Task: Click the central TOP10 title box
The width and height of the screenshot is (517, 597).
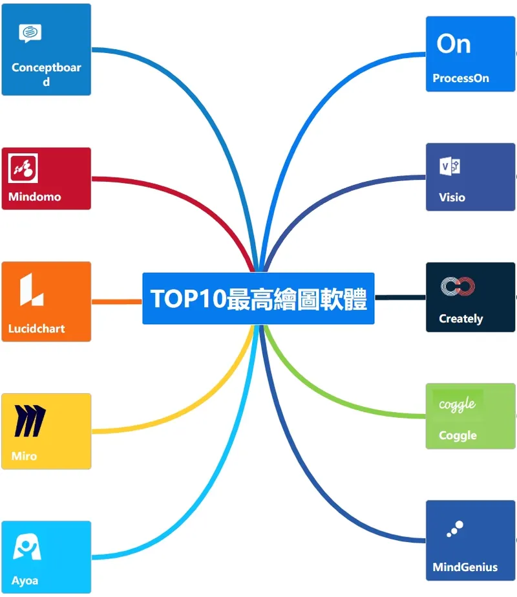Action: click(258, 299)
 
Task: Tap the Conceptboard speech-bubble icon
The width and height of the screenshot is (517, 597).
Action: click(30, 33)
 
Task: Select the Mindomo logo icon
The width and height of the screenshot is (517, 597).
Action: click(23, 168)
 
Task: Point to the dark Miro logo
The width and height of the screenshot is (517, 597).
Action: click(30, 420)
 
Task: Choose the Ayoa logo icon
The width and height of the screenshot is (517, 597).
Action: click(26, 547)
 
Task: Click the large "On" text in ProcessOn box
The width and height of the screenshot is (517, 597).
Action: click(454, 44)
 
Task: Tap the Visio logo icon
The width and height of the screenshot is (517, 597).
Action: click(450, 166)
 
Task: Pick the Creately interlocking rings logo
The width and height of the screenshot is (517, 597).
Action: click(458, 287)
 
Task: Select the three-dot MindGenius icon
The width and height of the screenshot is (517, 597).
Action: click(455, 529)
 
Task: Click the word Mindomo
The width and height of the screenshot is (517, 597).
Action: click(35, 197)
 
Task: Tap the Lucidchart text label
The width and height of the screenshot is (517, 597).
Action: click(37, 328)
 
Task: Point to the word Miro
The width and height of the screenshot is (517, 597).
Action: click(24, 456)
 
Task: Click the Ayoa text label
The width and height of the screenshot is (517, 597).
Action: click(25, 581)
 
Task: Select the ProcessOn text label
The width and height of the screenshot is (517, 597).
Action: click(461, 78)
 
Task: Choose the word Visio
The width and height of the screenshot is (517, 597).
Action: click(452, 197)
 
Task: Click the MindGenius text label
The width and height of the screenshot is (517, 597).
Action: click(465, 567)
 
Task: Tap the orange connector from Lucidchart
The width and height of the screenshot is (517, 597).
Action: click(117, 301)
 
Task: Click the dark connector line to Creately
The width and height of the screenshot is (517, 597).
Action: click(400, 298)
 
